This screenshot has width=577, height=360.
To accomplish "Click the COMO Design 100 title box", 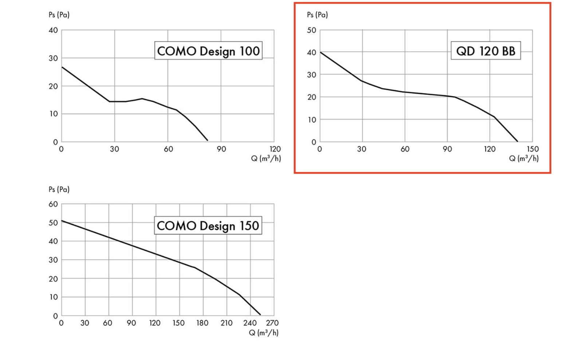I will (208, 51).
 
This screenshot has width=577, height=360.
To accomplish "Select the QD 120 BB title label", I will (486, 51).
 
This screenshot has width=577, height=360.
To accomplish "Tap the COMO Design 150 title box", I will (208, 226).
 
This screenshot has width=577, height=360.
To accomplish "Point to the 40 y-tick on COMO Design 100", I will (53, 30).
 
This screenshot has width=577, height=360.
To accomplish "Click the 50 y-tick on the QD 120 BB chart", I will (311, 30).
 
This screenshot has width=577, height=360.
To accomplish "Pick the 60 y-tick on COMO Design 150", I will (53, 204).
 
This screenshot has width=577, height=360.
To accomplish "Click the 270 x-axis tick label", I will (272, 323).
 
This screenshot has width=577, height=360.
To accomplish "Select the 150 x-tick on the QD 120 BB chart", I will (532, 149).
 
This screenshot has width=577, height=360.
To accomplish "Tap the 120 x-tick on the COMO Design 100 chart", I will (275, 149).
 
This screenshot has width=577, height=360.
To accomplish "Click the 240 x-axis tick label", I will (250, 323).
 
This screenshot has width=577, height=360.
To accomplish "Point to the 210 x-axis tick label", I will (226, 323).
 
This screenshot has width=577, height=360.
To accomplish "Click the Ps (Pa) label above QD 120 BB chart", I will (317, 15).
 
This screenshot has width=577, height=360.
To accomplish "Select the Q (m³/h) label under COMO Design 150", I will (264, 333).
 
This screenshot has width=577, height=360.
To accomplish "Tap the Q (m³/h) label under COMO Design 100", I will (266, 158).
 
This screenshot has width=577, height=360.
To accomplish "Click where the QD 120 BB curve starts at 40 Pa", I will (320, 52).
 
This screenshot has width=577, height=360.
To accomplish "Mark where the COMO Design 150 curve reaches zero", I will (260, 314).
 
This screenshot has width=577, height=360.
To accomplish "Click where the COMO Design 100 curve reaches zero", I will (208, 140).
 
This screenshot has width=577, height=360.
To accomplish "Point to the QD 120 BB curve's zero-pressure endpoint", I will (517, 141).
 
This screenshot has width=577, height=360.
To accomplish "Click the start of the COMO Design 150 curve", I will (62, 221).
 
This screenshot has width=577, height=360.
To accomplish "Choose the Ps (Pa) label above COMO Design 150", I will (59, 189).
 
